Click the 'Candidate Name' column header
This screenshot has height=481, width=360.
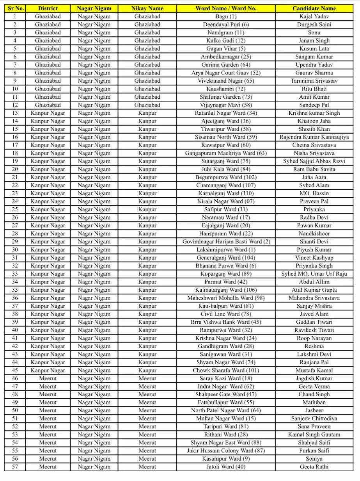(x=314, y=8)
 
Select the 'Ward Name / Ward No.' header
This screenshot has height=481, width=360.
(x=226, y=8)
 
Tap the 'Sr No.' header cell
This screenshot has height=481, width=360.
(x=15, y=8)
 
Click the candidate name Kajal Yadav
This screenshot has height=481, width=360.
(x=314, y=16)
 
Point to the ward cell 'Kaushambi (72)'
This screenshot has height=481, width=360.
(x=226, y=89)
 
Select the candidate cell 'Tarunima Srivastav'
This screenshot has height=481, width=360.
(x=314, y=81)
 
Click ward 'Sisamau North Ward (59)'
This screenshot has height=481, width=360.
(x=226, y=137)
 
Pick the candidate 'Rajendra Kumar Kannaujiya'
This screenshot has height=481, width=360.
(x=314, y=137)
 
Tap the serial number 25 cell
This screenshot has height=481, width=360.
(x=15, y=209)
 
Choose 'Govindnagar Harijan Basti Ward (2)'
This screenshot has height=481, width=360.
(x=226, y=242)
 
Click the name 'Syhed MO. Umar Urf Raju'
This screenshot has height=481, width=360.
(x=314, y=274)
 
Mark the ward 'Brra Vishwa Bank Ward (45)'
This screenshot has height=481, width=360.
(x=226, y=322)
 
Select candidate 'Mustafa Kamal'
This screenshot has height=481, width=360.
(x=314, y=370)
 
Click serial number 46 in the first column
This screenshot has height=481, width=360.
(x=15, y=378)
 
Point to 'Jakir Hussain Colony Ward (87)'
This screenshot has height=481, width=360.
(x=226, y=451)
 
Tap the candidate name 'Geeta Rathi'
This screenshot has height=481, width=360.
(x=314, y=467)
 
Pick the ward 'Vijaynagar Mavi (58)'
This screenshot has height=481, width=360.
(x=226, y=105)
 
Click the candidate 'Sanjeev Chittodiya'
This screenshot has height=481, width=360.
(x=314, y=419)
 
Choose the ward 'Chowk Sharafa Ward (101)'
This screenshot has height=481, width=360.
(x=226, y=370)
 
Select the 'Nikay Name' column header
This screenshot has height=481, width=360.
(x=147, y=8)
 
